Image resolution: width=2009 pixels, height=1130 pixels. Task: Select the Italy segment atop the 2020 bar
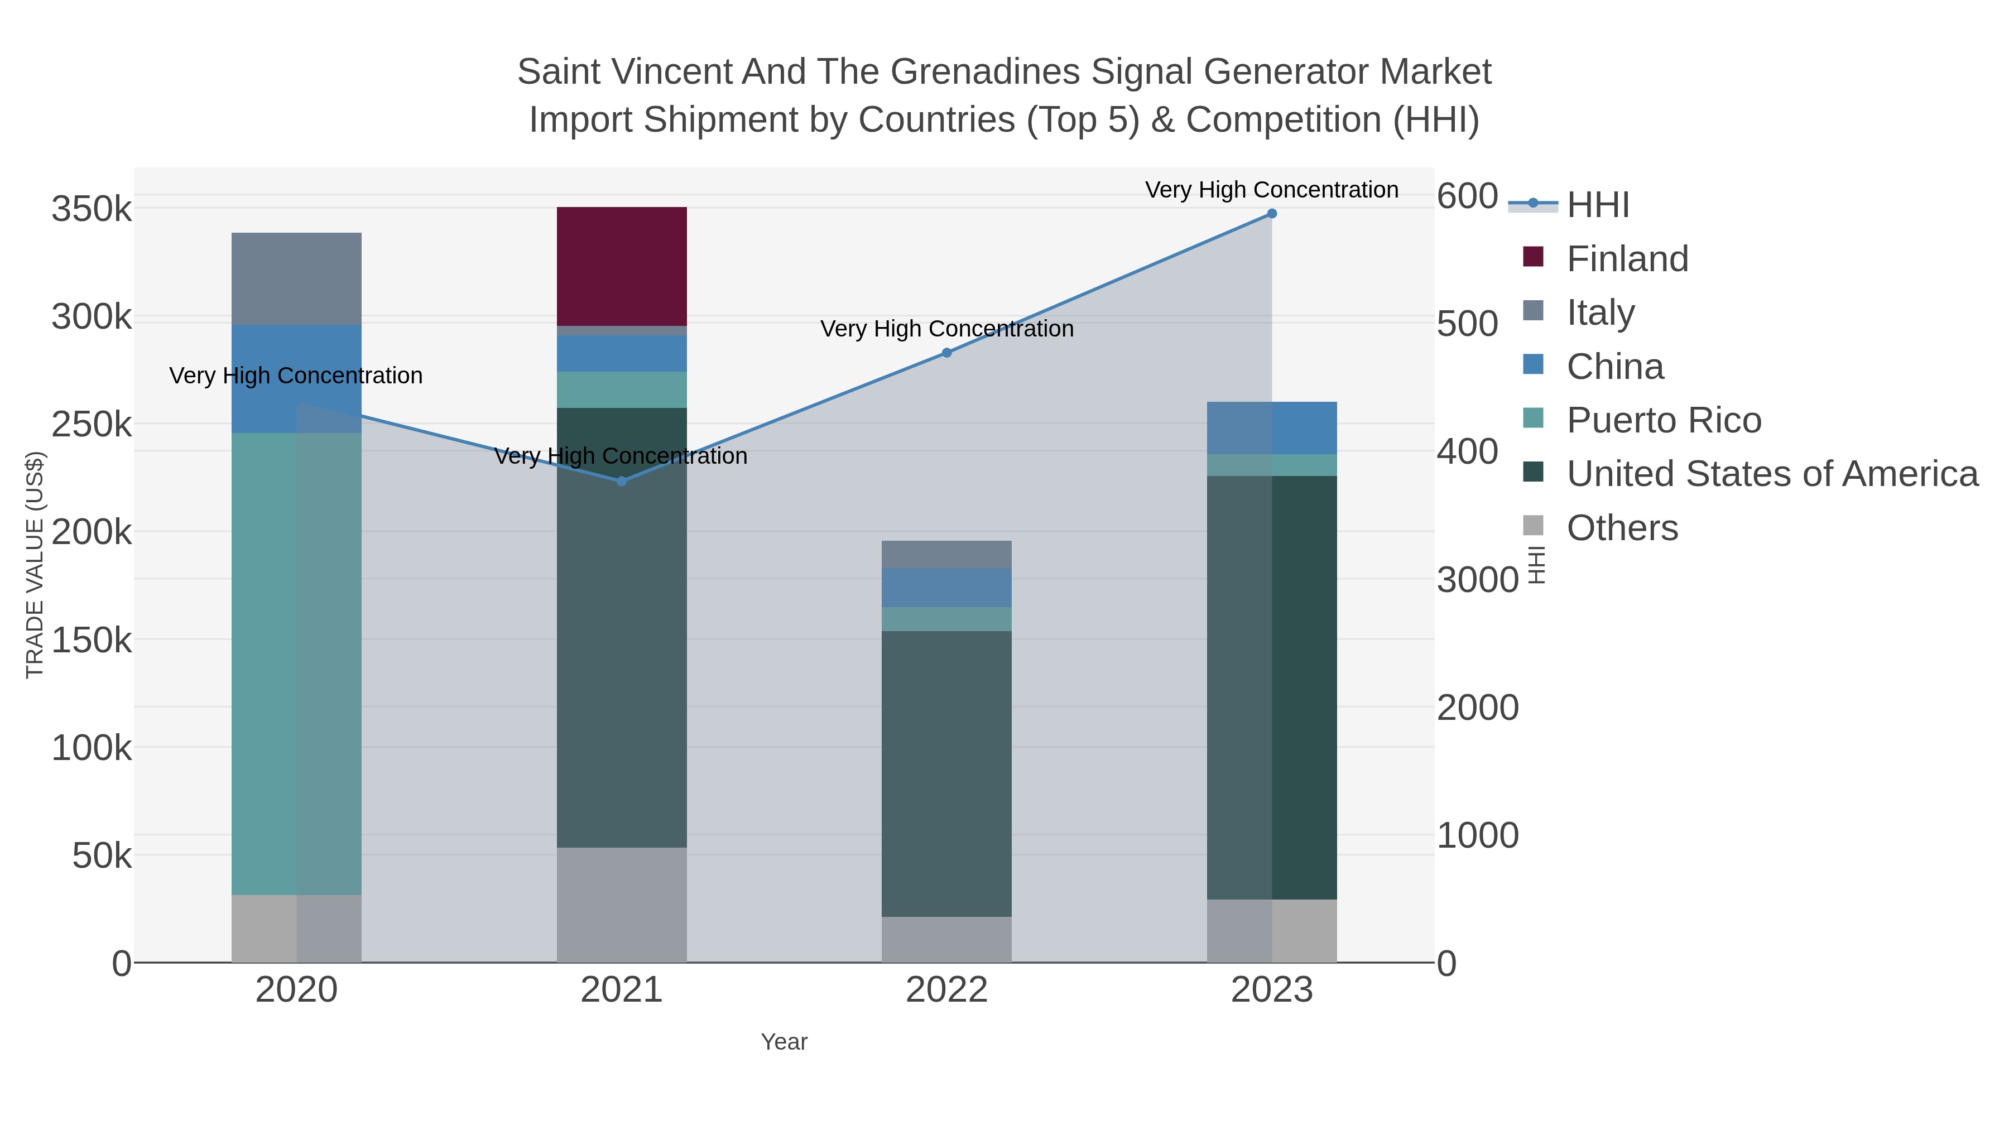tap(296, 278)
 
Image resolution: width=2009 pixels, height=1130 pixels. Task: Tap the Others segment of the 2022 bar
tap(946, 939)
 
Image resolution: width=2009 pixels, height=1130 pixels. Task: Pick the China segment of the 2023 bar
tap(1272, 427)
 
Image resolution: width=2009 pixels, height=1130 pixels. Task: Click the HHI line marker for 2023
tap(1272, 214)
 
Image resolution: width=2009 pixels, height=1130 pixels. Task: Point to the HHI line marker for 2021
tap(622, 481)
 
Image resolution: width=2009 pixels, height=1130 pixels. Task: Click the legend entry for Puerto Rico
tap(1664, 420)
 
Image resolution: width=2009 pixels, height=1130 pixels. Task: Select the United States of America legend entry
tap(1772, 474)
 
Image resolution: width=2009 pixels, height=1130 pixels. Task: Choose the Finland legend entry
tap(1627, 259)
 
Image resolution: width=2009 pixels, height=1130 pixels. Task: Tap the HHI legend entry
tap(1597, 205)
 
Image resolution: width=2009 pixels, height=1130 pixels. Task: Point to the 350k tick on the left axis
tap(92, 210)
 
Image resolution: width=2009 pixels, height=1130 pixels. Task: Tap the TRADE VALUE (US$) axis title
tap(35, 565)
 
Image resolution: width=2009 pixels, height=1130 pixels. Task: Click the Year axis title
tap(784, 1042)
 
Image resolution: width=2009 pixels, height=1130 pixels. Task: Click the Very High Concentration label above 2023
tap(1271, 190)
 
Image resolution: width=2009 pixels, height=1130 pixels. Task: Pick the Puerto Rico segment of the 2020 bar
tap(296, 663)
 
